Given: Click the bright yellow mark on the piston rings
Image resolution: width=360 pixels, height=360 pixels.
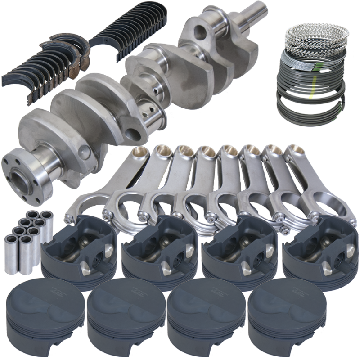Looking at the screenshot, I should [310, 95].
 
